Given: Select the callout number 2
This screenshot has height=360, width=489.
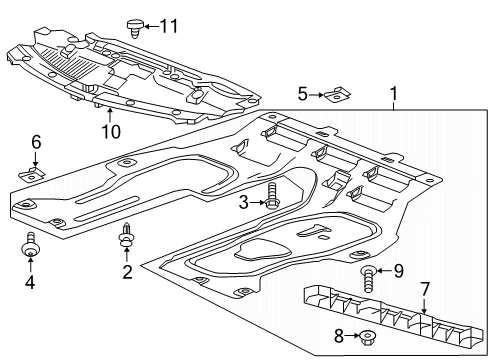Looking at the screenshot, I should tap(127, 271).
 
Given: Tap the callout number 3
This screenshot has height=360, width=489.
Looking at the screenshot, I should tap(242, 202).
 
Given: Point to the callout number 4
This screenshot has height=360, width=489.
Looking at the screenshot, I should tap(30, 283).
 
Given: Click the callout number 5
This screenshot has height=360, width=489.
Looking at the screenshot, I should tap(303, 95).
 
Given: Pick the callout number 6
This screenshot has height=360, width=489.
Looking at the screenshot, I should tap(35, 141).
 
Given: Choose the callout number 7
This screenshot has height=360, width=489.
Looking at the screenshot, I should tap(425, 289).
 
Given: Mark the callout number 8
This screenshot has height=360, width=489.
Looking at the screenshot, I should tap(339, 336).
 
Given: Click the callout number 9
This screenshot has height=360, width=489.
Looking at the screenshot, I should tap(397, 269).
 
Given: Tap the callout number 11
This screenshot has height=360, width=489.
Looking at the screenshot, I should tap(169, 24).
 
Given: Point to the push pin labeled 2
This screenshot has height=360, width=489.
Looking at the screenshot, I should tap(126, 237).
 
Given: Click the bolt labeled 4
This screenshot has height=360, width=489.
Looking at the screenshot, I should tap(30, 247).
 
